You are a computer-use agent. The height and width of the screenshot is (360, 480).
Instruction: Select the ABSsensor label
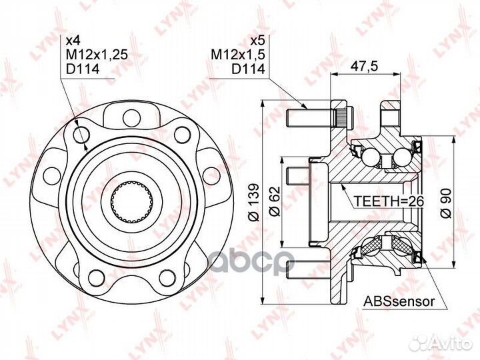point(399,301)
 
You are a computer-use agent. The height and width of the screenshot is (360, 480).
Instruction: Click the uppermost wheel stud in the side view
point(313,119)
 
